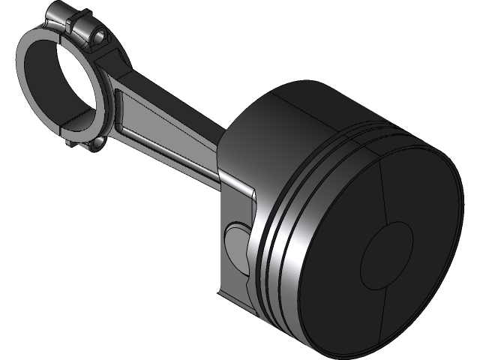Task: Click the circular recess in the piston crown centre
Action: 387,256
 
